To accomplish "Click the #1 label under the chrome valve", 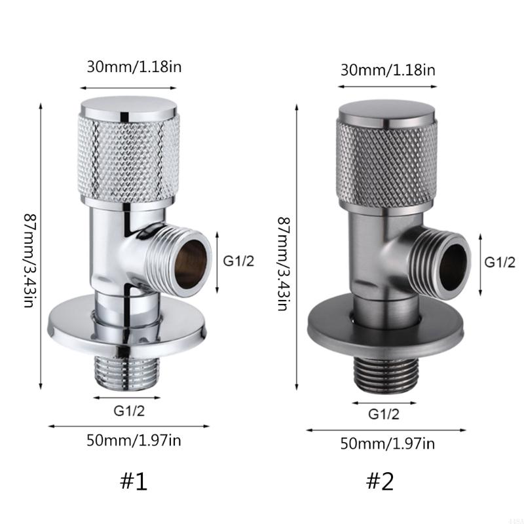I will pyautogui.click(x=134, y=481).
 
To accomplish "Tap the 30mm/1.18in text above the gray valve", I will pyautogui.click(x=388, y=69).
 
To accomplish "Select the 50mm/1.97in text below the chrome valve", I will pyautogui.click(x=133, y=440).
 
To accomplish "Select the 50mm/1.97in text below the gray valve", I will pyautogui.click(x=387, y=443).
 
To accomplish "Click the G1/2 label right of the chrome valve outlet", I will pyautogui.click(x=238, y=261).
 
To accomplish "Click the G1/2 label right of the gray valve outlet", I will pyautogui.click(x=499, y=262).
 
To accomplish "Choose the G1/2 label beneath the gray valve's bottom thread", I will pyautogui.click(x=383, y=413).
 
